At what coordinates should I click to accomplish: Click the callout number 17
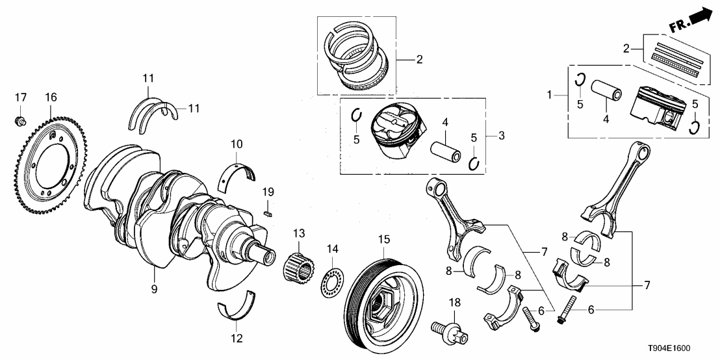21,97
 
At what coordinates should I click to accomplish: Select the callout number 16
51,97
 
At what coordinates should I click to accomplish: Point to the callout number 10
236,143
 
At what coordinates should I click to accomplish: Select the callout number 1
550,94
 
